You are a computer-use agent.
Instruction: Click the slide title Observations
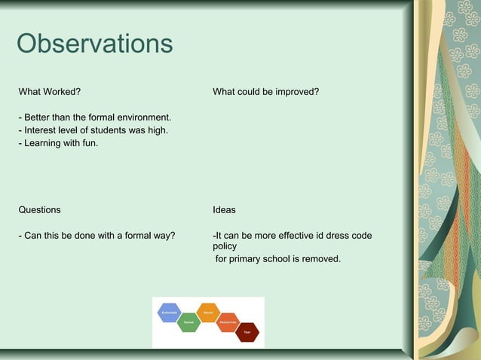94,44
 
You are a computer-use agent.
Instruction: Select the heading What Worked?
50,92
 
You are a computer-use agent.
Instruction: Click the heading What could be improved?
265,92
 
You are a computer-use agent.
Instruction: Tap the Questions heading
39,209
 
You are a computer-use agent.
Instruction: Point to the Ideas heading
224,209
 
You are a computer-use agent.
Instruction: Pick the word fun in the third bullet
89,143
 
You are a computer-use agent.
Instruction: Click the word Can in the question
34,236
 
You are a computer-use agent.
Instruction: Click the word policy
225,246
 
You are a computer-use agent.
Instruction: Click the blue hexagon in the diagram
169,312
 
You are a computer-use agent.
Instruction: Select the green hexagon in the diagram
188,322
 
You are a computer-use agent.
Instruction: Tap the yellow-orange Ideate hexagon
207,312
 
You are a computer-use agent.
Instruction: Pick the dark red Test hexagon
247,332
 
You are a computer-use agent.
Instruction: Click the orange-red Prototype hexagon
227,322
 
